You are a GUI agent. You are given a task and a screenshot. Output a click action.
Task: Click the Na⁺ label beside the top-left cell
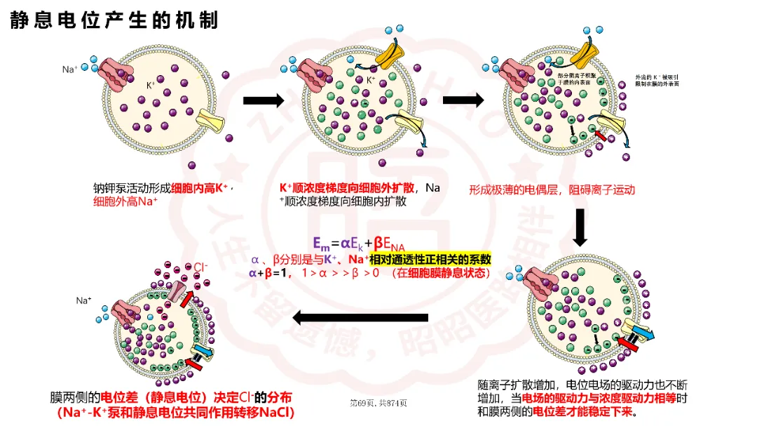click(70, 69)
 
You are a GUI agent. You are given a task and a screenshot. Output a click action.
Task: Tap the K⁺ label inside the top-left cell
click(150, 85)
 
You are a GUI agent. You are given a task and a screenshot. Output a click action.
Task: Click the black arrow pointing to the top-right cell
click(463, 100)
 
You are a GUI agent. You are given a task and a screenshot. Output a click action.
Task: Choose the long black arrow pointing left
click(360, 318)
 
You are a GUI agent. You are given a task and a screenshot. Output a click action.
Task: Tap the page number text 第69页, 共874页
click(378, 403)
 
